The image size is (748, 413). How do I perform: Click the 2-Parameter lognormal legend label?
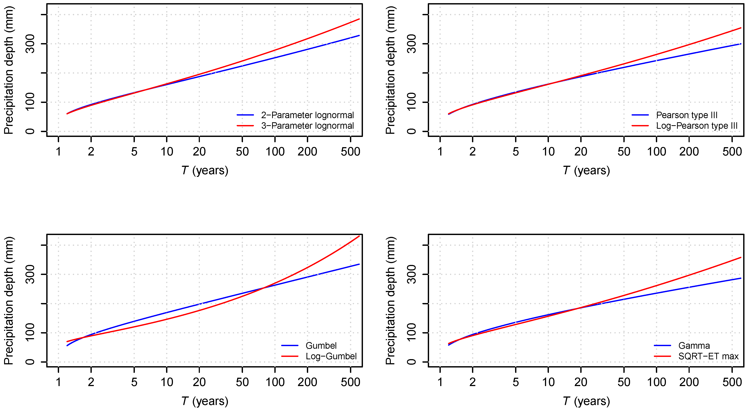tap(307, 115)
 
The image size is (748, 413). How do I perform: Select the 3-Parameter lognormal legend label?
tap(307, 126)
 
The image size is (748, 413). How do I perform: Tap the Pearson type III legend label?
tap(687, 115)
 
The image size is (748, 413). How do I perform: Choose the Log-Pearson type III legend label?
tap(697, 126)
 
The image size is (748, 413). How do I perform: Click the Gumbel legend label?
tap(321, 346)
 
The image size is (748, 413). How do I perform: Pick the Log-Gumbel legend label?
tap(331, 356)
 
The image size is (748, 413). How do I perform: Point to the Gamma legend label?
tap(694, 346)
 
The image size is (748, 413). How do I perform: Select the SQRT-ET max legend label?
tap(708, 356)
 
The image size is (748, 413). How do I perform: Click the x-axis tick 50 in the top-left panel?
tap(242, 152)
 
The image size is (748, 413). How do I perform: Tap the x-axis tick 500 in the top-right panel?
tap(732, 152)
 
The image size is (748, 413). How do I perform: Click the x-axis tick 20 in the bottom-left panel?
tap(199, 382)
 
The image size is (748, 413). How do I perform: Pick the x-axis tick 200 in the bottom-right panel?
tap(689, 382)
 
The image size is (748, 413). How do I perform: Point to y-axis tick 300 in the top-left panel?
tap(30, 44)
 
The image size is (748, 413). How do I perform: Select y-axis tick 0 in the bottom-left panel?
tap(30, 362)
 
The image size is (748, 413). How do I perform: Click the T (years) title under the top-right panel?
tap(586, 171)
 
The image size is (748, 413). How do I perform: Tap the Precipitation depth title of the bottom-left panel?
tap(9, 301)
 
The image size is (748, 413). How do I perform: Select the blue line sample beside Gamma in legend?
tap(662, 346)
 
